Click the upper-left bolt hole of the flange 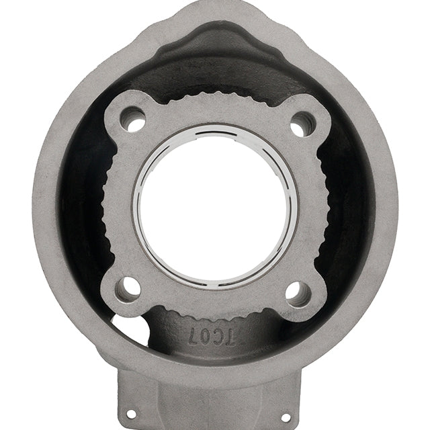click(132, 120)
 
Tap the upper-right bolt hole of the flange click(302, 123)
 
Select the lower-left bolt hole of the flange click(128, 288)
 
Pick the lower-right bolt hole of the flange click(298, 292)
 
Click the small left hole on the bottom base click(132, 413)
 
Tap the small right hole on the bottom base click(285, 417)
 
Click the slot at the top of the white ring click(216, 134)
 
